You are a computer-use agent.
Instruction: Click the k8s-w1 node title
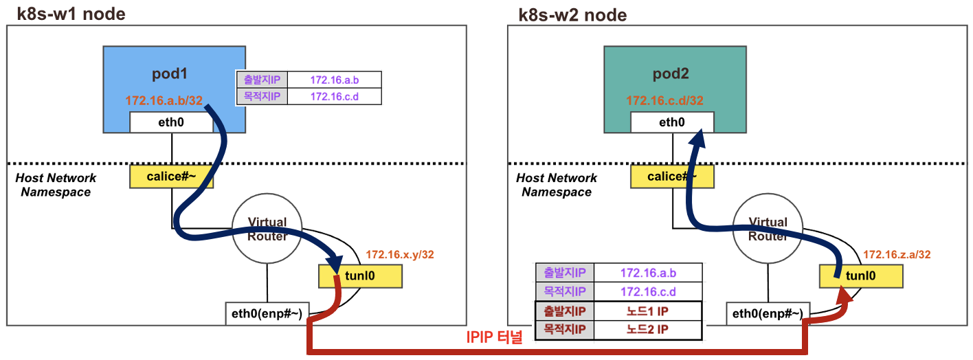(71, 14)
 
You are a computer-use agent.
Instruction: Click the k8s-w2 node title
(572, 14)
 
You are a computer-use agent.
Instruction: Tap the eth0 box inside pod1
(171, 123)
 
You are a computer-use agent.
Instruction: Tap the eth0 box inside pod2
(672, 123)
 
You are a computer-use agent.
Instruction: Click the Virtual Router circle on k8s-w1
(267, 229)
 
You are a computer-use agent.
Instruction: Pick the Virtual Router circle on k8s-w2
(767, 229)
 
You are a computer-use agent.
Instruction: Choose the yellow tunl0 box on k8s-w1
(360, 277)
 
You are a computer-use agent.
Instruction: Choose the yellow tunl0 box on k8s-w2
(860, 277)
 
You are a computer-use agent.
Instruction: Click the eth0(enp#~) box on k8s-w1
(267, 314)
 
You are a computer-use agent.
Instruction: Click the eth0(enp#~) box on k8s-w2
(767, 314)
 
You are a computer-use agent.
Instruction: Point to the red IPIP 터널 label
(494, 337)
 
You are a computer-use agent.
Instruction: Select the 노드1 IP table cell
(647, 311)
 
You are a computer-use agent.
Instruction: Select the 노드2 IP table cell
(647, 330)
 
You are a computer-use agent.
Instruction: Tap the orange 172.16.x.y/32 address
(400, 255)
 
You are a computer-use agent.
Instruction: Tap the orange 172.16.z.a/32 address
(897, 255)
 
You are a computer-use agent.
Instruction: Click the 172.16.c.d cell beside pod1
(334, 96)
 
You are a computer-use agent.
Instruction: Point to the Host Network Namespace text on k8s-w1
(56, 185)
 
